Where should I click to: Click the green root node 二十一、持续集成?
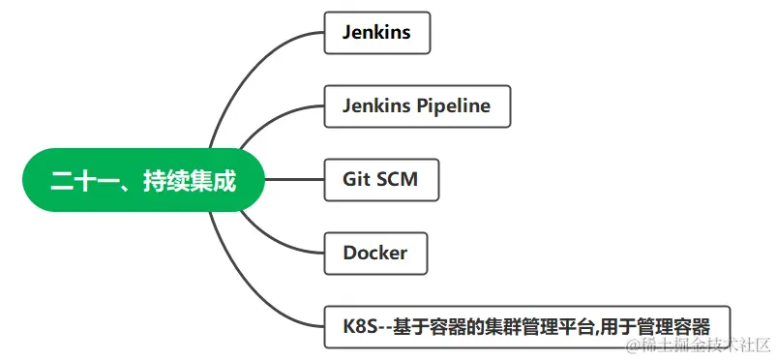(x=143, y=180)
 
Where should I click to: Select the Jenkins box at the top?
(x=376, y=33)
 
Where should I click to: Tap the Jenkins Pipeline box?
(x=416, y=106)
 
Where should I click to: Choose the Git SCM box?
(x=381, y=180)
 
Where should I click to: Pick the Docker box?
(x=375, y=254)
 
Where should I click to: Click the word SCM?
(x=398, y=180)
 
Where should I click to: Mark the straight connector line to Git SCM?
(x=294, y=180)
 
